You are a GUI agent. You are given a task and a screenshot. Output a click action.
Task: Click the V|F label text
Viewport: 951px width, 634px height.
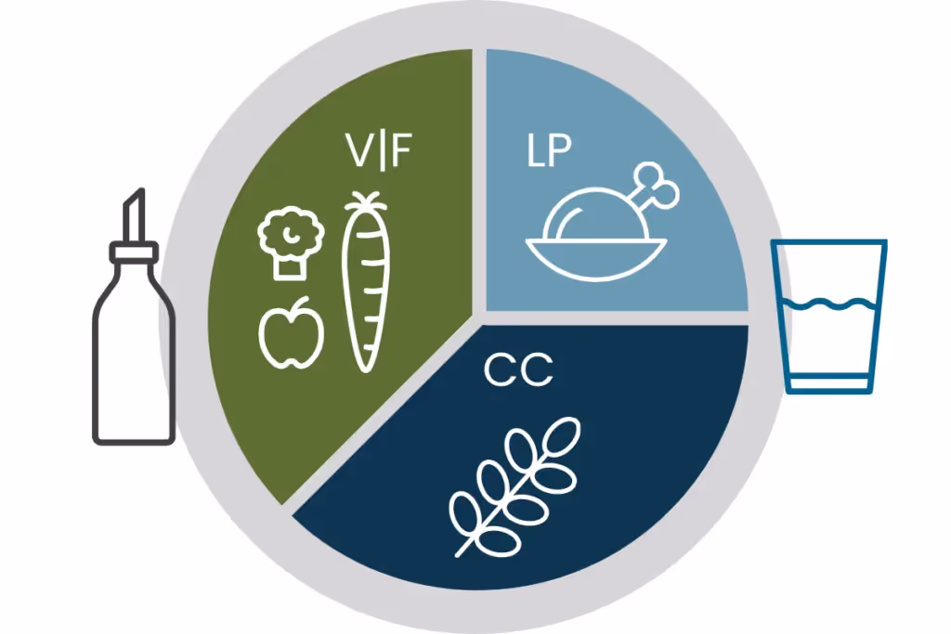point(376,152)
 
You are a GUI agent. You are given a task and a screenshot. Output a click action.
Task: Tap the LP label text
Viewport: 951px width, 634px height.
point(547,151)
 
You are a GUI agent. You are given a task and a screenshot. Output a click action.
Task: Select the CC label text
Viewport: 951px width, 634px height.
point(517,370)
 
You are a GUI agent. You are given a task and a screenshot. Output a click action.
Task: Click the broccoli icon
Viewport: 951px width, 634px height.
point(291,243)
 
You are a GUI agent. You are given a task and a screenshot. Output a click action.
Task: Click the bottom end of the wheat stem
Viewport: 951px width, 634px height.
point(458,553)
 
